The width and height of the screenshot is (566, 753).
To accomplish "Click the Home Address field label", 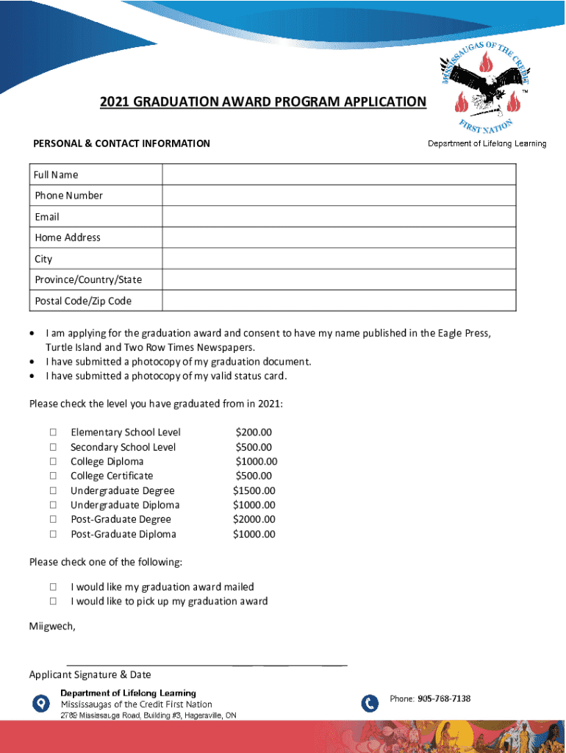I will click(68, 238).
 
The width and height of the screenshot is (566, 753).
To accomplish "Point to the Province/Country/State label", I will click(88, 279).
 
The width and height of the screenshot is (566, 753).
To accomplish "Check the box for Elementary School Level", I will click(54, 432).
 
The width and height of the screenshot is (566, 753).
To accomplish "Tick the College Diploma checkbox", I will click(54, 462).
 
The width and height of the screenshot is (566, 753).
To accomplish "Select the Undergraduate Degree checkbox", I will click(54, 490).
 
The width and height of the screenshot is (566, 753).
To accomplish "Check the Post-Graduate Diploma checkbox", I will click(54, 535).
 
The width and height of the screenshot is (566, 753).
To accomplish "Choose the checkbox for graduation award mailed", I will click(54, 587).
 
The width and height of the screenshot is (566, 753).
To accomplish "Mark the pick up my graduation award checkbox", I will click(54, 602).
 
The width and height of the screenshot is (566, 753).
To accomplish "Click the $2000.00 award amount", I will click(254, 519).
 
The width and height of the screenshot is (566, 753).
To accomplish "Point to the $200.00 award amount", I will click(254, 432).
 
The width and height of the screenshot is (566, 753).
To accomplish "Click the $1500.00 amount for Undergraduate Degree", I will click(254, 490).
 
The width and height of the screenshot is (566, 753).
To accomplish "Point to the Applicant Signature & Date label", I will click(90, 674).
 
